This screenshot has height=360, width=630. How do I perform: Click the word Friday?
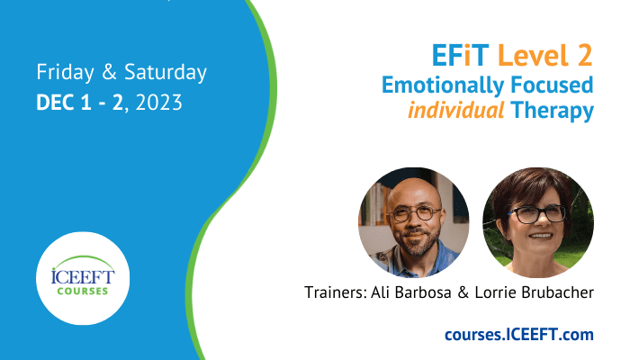(65, 73)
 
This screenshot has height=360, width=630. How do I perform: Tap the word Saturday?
(165, 72)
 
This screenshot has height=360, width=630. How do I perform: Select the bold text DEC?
(56, 103)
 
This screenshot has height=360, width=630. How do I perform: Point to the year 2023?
(158, 103)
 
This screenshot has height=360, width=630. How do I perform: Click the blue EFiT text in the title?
(460, 56)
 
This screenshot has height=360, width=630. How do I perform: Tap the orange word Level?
(533, 56)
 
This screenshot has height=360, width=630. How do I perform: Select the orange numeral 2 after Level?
(585, 56)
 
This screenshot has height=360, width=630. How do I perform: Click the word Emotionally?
(443, 86)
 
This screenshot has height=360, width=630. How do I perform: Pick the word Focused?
(552, 85)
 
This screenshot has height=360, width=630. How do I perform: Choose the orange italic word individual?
(456, 110)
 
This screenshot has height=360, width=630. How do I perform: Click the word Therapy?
(553, 111)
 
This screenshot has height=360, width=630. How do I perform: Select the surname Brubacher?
(557, 292)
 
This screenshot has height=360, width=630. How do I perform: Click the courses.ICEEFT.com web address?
(519, 334)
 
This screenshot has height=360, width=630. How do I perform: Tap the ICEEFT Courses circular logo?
(83, 278)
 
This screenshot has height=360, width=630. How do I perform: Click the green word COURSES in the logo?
(83, 291)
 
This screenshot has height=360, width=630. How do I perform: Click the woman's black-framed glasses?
(539, 214)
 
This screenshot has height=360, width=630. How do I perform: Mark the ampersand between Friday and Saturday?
(109, 72)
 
